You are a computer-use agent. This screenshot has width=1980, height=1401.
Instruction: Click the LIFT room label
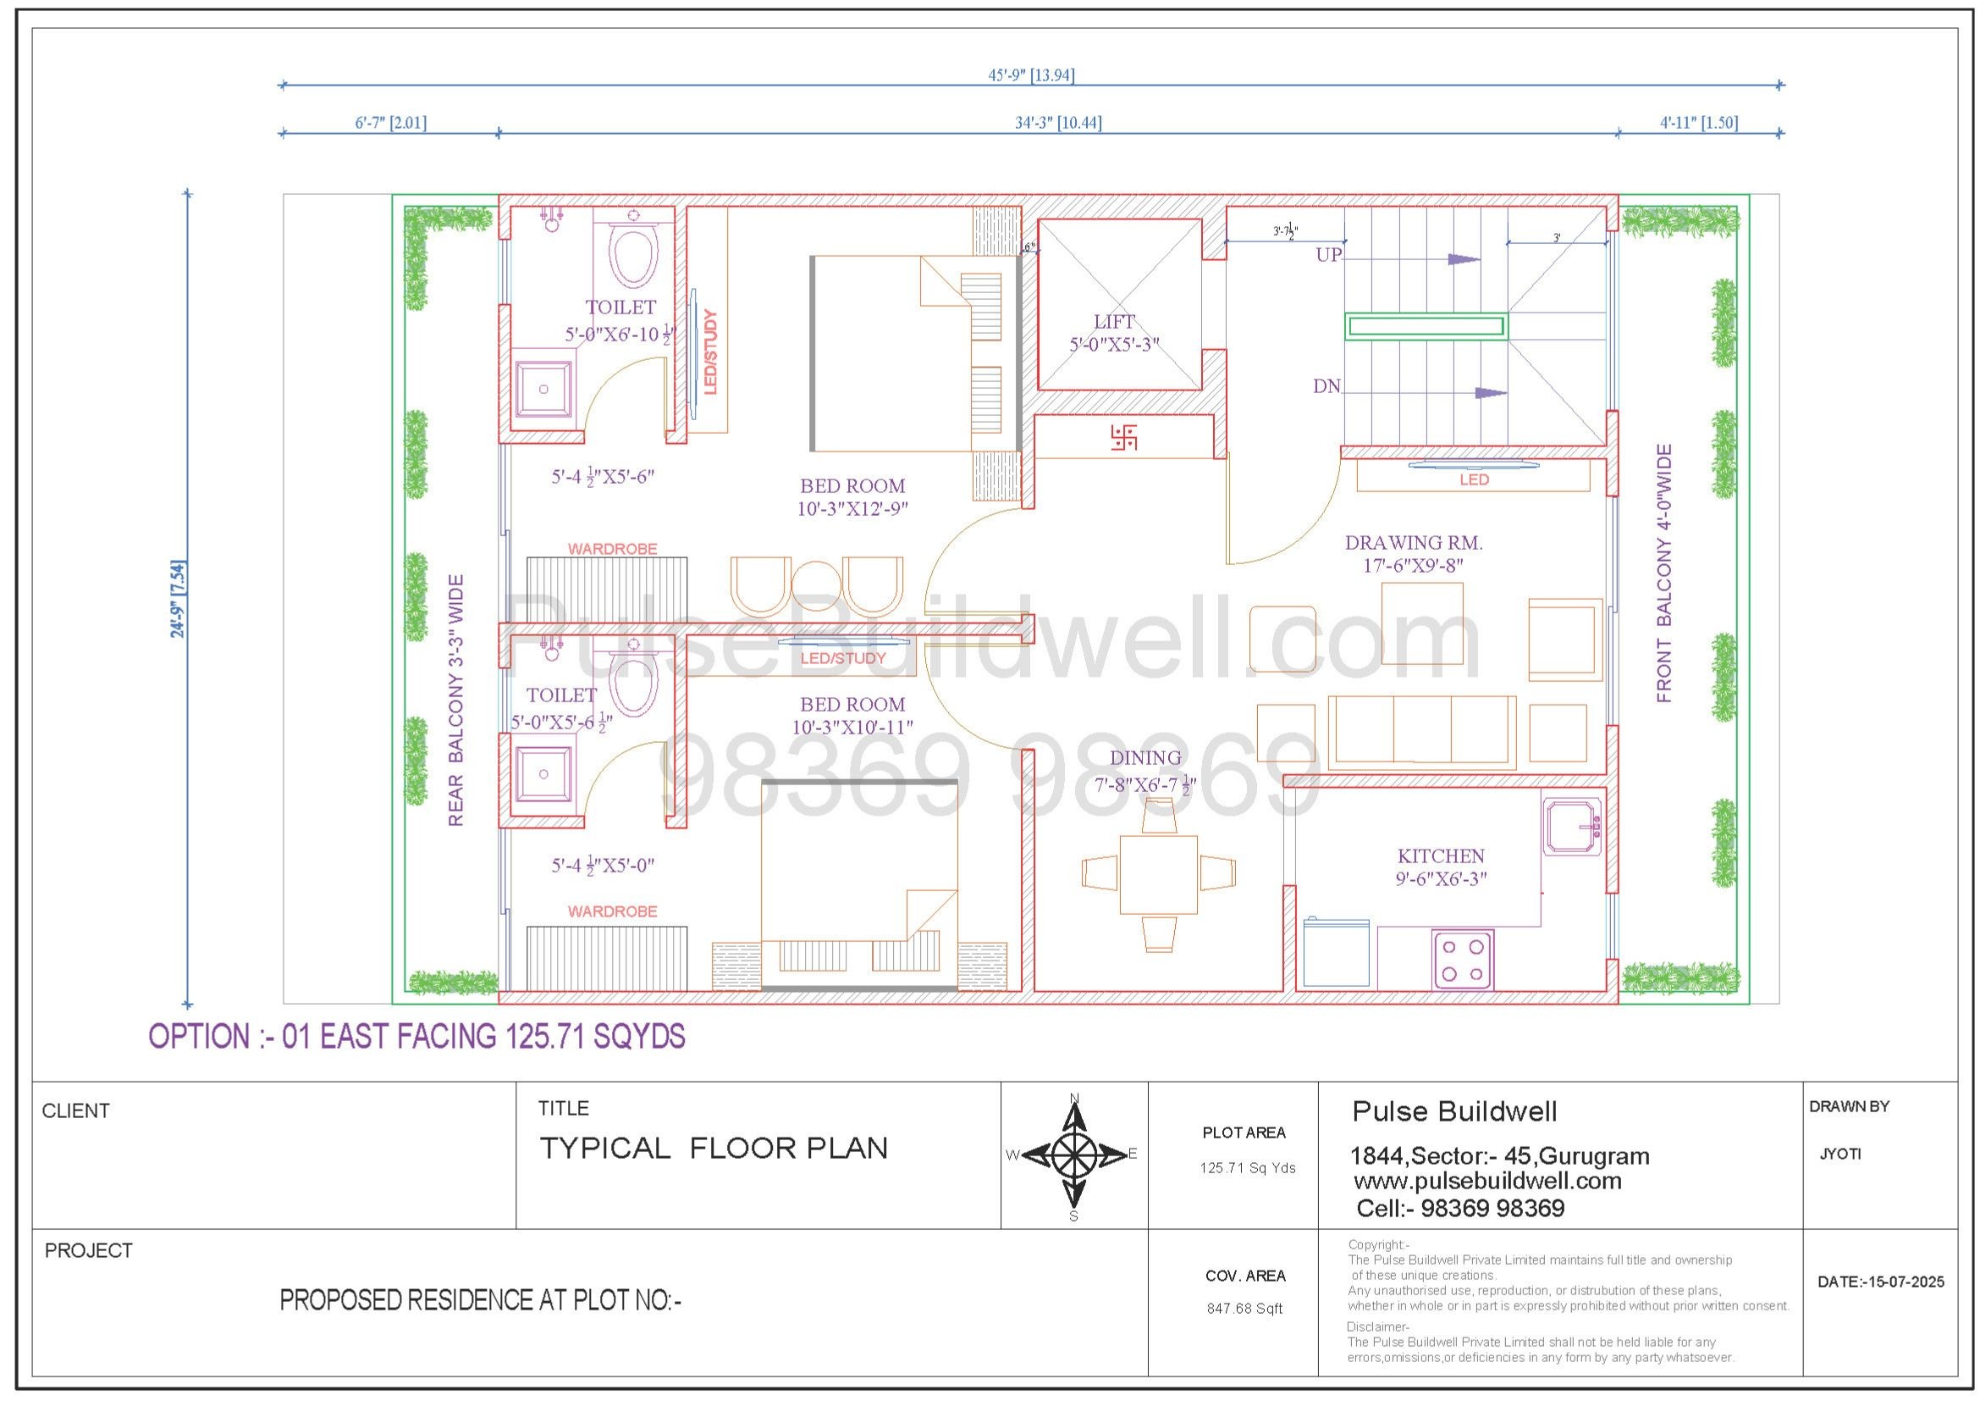pos(1114,322)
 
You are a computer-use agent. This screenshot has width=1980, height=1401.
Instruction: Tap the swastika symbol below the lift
pos(1124,436)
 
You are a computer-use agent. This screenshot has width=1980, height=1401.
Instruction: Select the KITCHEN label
pos(1441,856)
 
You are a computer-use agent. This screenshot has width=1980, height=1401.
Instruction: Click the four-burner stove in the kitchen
pos(1463,961)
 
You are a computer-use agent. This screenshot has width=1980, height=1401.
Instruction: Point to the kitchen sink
pos(1572,828)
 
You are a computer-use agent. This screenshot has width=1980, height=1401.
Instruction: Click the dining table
pos(1158,874)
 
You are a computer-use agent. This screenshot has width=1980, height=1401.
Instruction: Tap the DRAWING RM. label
pos(1414,543)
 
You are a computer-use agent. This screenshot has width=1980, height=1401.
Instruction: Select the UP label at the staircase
pos(1329,254)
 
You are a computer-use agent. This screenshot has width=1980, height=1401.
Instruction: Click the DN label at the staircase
pos(1327,386)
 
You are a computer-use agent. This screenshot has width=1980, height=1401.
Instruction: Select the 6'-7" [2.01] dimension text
pos(390,123)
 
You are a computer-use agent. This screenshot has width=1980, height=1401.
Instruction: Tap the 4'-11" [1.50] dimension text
pos(1699,123)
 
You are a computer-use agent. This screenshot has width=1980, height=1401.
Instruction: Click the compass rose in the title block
pos(1073,1155)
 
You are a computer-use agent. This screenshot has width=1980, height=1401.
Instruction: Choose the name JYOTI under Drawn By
pos(1840,1155)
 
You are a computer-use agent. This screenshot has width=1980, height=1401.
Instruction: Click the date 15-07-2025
pos(1906,1282)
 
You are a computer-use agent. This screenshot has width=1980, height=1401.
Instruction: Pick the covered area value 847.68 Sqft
pos(1244,1309)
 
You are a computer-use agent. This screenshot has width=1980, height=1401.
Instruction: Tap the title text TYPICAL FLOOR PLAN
pos(713,1149)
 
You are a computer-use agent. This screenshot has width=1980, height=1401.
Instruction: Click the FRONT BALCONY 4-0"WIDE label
pos(1663,573)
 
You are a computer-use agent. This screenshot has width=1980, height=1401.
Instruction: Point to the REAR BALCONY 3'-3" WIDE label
pos(455,700)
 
